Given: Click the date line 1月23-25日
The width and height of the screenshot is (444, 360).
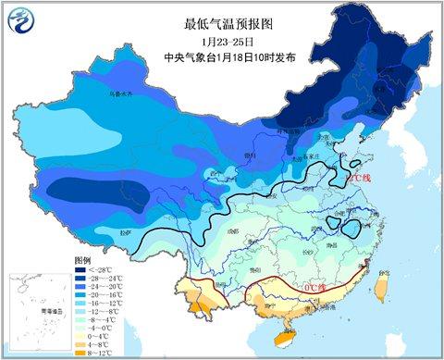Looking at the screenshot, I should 221,41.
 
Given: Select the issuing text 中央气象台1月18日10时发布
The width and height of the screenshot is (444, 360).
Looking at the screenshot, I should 221,56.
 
